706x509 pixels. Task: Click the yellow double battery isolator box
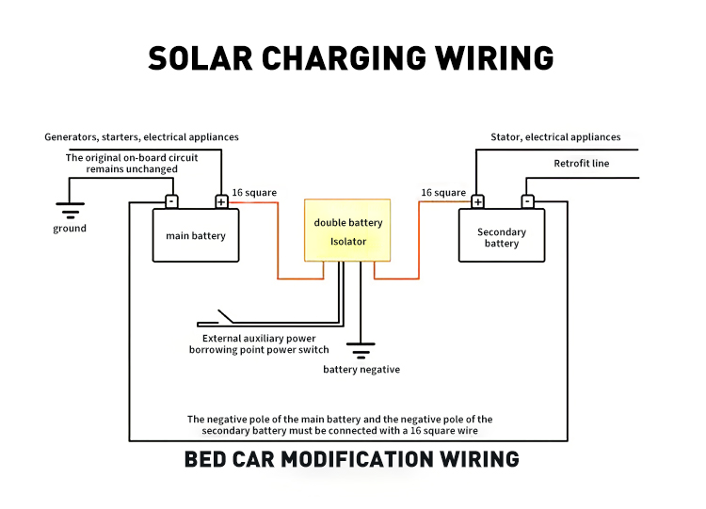coord(347,230)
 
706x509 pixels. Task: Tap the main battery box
coord(196,235)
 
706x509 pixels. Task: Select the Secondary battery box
coord(502,235)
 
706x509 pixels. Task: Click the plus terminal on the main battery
coord(221,201)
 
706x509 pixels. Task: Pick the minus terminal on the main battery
coord(171,201)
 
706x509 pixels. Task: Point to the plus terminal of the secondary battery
coord(477,201)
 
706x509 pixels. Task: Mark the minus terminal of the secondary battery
coord(528,201)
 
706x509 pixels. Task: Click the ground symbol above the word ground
coord(71,211)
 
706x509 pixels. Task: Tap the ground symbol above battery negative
coord(361,351)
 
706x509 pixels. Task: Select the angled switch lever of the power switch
coord(226,316)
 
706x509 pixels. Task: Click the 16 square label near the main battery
coord(254,193)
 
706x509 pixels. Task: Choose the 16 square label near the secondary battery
coord(443,193)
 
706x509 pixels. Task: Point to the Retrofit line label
coord(582,164)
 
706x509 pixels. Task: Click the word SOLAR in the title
coord(201,58)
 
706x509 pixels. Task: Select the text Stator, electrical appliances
coord(555,136)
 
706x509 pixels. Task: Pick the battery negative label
coord(361,370)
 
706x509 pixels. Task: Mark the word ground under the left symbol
coord(70,229)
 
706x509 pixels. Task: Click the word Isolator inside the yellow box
coord(348,242)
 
